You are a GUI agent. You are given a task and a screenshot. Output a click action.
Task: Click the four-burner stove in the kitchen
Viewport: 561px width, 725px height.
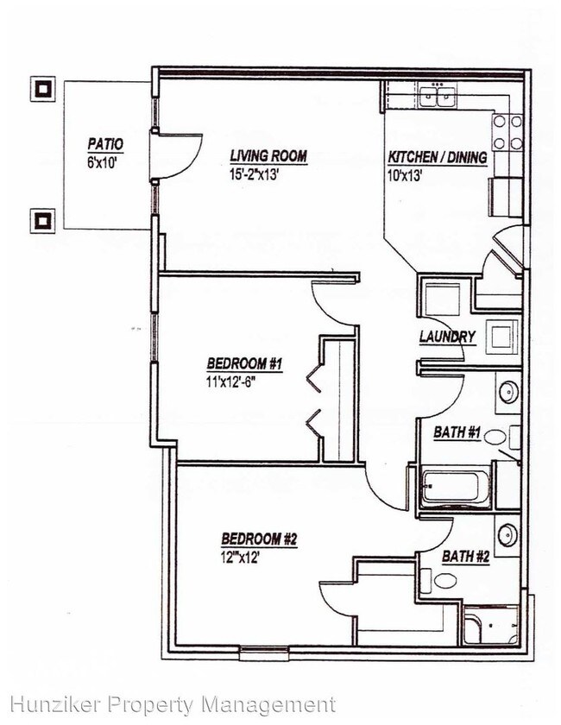(507, 133)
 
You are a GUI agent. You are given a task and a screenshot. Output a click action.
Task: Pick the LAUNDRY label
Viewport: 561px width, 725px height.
(447, 337)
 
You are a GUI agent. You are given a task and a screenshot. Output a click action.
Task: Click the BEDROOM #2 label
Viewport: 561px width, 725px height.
(258, 539)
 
